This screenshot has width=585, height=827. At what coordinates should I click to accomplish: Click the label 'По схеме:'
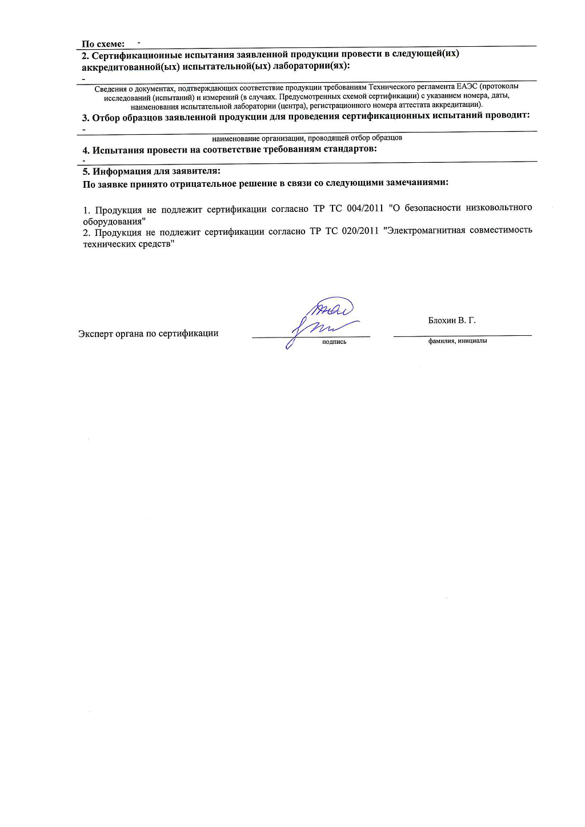coord(103,44)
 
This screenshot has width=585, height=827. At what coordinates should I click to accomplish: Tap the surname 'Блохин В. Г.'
coord(451,320)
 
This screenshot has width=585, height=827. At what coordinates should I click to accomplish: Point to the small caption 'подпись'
coord(334,342)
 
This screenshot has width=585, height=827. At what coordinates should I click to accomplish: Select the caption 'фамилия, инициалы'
coord(458,340)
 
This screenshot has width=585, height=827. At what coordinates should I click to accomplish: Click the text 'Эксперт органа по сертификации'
coord(148,334)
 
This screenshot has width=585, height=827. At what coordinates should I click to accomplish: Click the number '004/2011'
coord(365,208)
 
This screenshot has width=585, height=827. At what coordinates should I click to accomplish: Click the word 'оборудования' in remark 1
coord(113,222)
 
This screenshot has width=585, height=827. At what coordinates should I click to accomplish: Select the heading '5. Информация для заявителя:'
coord(151,171)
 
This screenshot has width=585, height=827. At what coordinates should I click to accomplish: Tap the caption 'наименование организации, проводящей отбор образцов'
coord(307,138)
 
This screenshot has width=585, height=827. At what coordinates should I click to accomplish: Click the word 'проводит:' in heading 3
coord(507,115)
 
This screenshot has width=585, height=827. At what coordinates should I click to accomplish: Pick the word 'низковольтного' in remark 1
coord(499,207)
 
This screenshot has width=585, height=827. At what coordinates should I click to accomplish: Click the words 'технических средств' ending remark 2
coord(128,244)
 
